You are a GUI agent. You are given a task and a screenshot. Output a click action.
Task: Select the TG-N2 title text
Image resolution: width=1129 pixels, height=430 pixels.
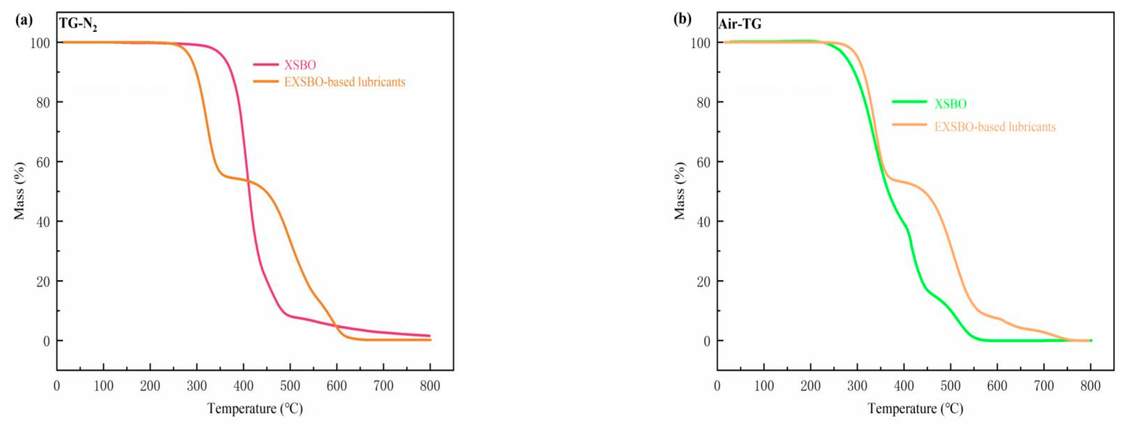pos(78,25)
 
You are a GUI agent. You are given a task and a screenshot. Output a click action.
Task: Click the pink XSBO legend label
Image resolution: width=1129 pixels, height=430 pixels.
pos(300,65)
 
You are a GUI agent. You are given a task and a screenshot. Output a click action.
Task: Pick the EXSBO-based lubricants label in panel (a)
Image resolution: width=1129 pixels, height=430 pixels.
pos(345,82)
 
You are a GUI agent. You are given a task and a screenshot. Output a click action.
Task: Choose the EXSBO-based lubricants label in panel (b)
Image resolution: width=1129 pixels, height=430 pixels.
pos(995,127)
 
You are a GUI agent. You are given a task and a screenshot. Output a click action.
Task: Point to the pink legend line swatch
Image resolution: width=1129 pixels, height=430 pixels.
pos(265,64)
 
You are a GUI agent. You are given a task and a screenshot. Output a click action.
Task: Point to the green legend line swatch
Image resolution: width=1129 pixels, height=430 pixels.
pos(910,102)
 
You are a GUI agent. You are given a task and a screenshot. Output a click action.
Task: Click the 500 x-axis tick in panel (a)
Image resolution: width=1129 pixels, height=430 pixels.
pos(290,386)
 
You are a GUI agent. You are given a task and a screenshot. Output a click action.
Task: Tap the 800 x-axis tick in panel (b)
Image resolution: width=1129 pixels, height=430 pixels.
pos(1090,386)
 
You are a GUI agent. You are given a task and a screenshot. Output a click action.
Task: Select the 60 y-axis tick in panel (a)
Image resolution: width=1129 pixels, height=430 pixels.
pos(43,162)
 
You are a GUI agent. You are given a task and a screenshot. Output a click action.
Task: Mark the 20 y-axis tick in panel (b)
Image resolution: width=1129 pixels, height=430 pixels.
pos(704,281)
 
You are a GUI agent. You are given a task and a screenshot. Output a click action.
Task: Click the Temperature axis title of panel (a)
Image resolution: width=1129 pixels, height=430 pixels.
pos(255,409)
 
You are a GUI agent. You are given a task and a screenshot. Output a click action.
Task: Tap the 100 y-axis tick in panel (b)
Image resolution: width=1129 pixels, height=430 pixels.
pos(700,43)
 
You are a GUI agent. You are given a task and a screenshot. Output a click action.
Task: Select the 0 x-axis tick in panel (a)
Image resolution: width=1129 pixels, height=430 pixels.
pos(57,386)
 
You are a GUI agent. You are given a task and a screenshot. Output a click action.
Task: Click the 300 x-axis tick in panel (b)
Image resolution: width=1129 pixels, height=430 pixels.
pos(857,386)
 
